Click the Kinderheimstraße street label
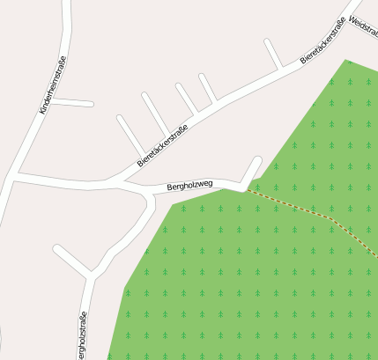[x=53, y=85]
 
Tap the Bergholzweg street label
[x=189, y=186]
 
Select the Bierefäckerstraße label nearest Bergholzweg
[x=163, y=146]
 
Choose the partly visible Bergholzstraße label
[x=82, y=336]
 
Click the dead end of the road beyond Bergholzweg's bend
[x=259, y=159]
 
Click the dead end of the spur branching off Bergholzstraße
[x=56, y=248]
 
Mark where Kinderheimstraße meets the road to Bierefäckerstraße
[x=15, y=178]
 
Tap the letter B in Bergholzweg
[x=169, y=187]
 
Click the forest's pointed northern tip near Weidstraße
[x=347, y=61]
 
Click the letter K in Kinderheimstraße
[x=41, y=111]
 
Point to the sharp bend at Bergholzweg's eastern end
[x=242, y=186]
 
